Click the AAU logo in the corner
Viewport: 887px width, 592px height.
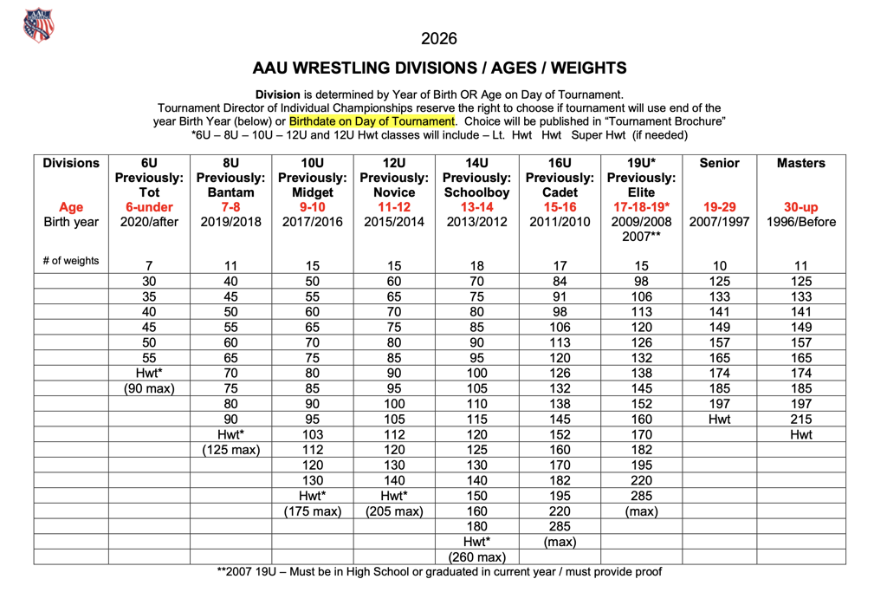(x=39, y=25)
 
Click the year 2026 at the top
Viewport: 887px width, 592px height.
(x=439, y=38)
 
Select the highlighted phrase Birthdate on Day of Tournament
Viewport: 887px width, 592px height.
(x=372, y=121)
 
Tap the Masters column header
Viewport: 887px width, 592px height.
(x=800, y=163)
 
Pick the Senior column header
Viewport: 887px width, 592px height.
(x=719, y=163)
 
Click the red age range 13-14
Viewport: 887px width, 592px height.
(x=476, y=207)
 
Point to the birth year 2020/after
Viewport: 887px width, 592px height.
(x=149, y=222)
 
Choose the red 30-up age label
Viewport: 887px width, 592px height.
(x=800, y=207)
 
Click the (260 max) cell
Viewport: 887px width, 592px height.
(x=476, y=556)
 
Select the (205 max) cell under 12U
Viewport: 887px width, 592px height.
(x=394, y=511)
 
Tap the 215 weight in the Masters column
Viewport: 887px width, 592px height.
(x=800, y=420)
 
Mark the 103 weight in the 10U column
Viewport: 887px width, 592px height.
(x=313, y=434)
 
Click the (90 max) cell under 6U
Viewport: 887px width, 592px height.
(x=149, y=388)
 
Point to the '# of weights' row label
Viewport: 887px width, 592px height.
(x=71, y=261)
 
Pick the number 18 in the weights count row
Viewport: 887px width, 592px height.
(x=476, y=265)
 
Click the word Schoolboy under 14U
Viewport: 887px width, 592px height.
(x=476, y=192)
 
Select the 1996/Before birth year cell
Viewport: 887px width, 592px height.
(x=800, y=222)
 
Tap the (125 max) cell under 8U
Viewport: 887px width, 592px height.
(x=230, y=450)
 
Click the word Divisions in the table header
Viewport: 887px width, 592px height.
(x=71, y=163)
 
